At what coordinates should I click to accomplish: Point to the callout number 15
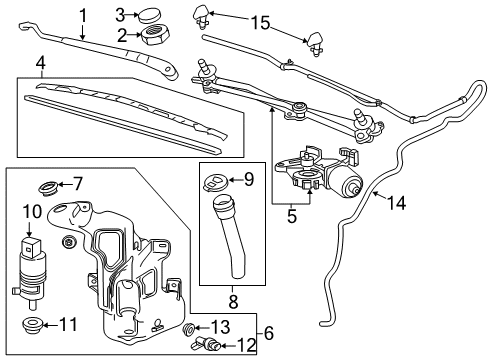pos(261,22)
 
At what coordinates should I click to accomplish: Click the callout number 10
pos(30,212)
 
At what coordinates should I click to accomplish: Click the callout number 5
pos(292,213)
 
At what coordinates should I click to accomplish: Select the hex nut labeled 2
pos(155,38)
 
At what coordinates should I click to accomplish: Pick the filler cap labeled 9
pos(215,182)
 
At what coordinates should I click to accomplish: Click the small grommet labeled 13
pos(190,330)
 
